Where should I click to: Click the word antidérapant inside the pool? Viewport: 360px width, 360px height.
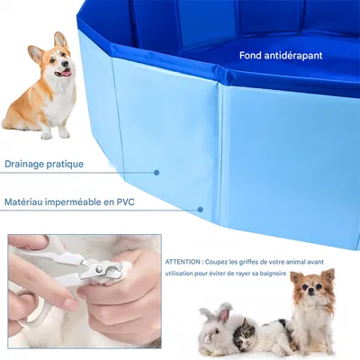tap(292, 55)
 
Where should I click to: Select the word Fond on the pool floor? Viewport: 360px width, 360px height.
tap(251, 55)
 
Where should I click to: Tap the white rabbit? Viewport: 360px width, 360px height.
tap(217, 331)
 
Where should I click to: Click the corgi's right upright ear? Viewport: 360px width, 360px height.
tap(61, 40)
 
